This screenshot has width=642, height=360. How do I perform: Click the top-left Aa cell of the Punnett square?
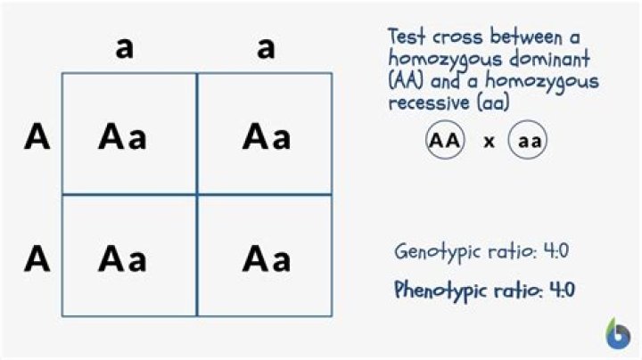129,134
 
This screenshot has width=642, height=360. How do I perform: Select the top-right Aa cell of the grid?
265,134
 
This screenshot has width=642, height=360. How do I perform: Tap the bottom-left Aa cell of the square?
129,256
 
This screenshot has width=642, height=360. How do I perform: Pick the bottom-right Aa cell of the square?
265,256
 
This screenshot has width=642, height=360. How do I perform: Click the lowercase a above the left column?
125,48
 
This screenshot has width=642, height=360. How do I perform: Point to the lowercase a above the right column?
266,48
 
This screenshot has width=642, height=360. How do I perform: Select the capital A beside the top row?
37,137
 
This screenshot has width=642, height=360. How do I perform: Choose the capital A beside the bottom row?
37,258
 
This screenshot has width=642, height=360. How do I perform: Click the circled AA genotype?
445,140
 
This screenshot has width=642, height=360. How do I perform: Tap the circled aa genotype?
528,140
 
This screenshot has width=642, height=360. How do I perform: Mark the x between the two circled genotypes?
489,142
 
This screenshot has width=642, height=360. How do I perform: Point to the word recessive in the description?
429,103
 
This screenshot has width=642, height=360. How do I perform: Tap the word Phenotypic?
440,290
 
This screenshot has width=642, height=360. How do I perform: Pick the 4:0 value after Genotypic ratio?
556,250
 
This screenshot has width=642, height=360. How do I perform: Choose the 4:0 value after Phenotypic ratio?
562,290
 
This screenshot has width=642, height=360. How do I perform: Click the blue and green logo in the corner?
618,334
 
